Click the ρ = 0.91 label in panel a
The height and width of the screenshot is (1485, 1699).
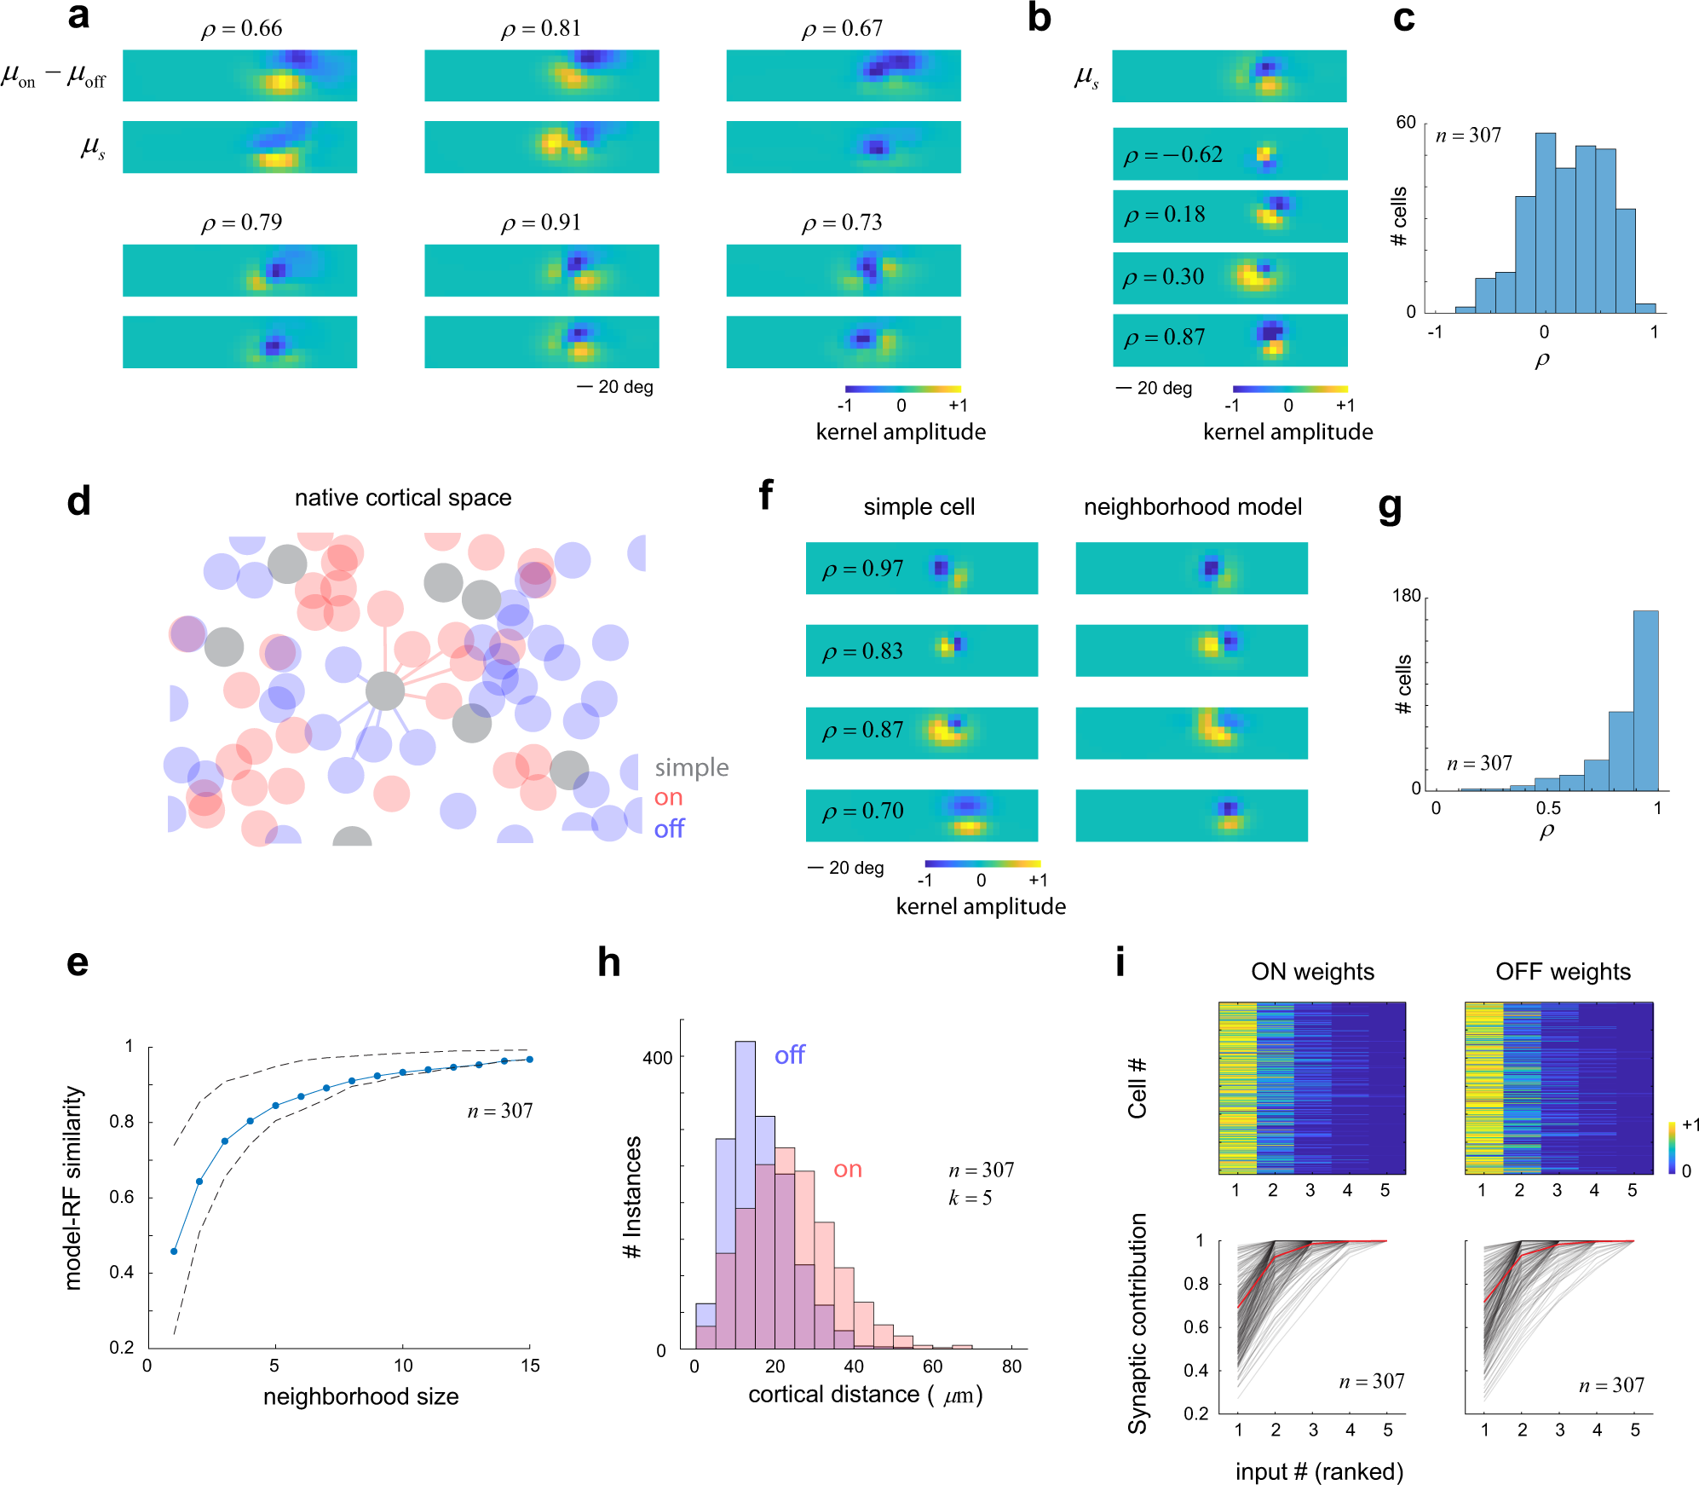[x=540, y=222]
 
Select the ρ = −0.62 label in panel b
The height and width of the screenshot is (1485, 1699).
[x=1172, y=155]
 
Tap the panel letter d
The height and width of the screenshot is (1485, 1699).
[x=78, y=502]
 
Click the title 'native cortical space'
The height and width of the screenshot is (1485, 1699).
[x=403, y=498]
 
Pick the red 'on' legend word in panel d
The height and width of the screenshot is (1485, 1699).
[x=668, y=798]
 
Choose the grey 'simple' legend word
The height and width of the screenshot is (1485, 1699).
[x=691, y=768]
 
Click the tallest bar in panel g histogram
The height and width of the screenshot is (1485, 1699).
[x=1645, y=699]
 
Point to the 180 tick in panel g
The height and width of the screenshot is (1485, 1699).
[x=1406, y=596]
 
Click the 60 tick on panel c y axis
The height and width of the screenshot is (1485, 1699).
[x=1405, y=123]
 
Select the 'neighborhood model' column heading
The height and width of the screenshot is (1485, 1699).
[x=1192, y=507]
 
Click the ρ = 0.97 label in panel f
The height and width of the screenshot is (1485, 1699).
[x=862, y=569]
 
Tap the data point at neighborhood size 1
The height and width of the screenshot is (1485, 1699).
[x=174, y=1251]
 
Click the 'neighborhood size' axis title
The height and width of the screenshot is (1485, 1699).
[x=360, y=1396]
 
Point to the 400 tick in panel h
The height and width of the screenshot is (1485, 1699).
[x=657, y=1058]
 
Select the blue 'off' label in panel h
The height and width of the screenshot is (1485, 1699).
[x=789, y=1055]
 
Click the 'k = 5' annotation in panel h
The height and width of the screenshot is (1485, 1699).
[x=970, y=1198]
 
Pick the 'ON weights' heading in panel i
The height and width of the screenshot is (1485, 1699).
[x=1312, y=972]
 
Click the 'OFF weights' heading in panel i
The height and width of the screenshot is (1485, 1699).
[x=1563, y=972]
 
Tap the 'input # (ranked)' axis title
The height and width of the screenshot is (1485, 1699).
[x=1319, y=1471]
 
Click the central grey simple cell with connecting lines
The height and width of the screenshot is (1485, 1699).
[x=385, y=691]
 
